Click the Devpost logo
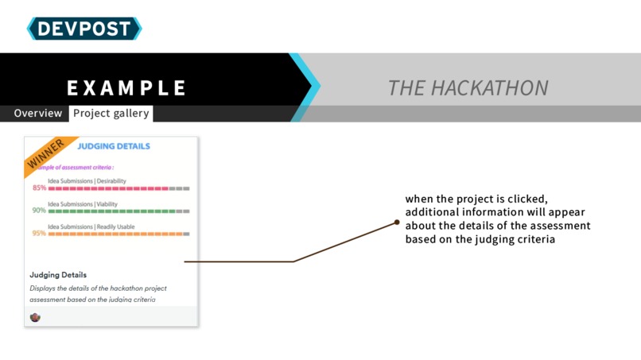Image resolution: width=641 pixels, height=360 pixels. tap(84, 29)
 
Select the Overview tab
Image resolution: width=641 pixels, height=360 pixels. tap(37, 114)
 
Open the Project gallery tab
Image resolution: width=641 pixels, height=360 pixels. tap(111, 114)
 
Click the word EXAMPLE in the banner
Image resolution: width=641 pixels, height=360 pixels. tap(126, 87)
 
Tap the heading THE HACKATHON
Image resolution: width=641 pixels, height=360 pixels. tap(468, 87)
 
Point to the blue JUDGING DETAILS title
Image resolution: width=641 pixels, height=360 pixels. tap(114, 146)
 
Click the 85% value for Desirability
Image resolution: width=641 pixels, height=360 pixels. tap(39, 188)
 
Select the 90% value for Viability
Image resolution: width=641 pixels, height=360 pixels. tap(39, 211)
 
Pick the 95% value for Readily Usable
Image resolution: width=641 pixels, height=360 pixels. tap(39, 234)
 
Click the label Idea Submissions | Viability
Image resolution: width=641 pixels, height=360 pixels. tap(82, 204)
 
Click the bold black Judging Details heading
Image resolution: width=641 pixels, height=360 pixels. tap(58, 275)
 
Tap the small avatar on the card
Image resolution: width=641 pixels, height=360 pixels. tap(35, 317)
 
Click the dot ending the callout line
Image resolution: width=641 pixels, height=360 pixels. tap(397, 223)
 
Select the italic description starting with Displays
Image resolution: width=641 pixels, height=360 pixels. tap(98, 293)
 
